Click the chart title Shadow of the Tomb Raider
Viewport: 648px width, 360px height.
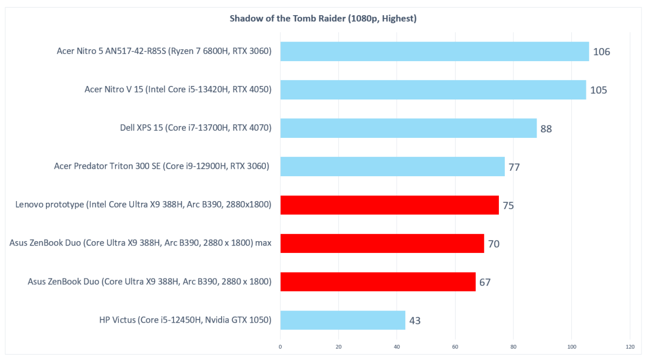(323, 19)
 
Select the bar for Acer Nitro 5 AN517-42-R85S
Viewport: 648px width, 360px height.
(434, 51)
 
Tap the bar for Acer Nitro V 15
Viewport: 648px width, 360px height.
(433, 90)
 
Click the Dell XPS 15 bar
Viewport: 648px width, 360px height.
(408, 128)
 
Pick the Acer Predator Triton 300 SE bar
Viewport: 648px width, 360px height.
(392, 166)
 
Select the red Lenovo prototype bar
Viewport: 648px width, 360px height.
(389, 205)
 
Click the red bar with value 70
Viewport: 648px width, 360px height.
(382, 243)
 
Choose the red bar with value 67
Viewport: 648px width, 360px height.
(377, 282)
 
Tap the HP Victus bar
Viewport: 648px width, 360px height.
(342, 320)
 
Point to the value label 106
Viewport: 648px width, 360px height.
(601, 52)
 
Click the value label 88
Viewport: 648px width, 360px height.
(546, 129)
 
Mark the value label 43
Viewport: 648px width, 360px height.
(415, 321)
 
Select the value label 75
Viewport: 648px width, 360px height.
(508, 205)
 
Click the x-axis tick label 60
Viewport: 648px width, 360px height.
(455, 346)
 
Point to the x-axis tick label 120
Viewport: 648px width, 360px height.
(630, 346)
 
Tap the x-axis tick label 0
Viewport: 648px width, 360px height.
(280, 346)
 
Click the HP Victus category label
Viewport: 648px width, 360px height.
(185, 320)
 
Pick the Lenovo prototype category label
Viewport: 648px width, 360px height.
(143, 205)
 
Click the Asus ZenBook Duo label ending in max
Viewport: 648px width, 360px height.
(140, 243)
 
